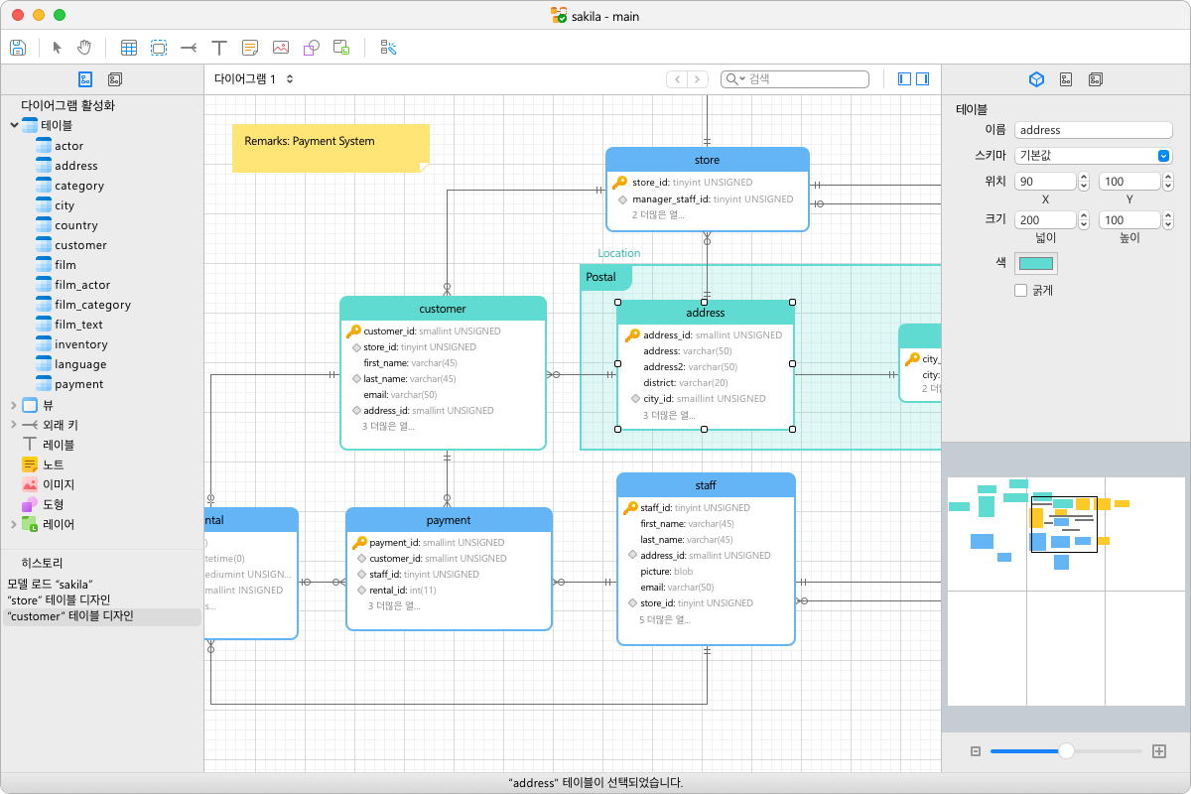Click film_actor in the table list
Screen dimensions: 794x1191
click(82, 285)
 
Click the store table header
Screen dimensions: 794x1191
click(707, 160)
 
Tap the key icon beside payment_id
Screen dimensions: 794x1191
click(359, 543)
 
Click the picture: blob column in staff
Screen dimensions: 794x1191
click(666, 572)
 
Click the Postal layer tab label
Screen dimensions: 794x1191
click(601, 277)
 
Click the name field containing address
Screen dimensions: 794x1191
click(1093, 130)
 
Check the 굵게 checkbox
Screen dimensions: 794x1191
click(1020, 291)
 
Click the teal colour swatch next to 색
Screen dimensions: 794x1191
click(1037, 263)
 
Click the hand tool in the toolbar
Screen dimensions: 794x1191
click(84, 47)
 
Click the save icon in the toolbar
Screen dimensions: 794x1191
click(18, 47)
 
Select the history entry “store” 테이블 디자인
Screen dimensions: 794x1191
click(59, 600)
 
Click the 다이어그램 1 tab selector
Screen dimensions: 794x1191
click(254, 79)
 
